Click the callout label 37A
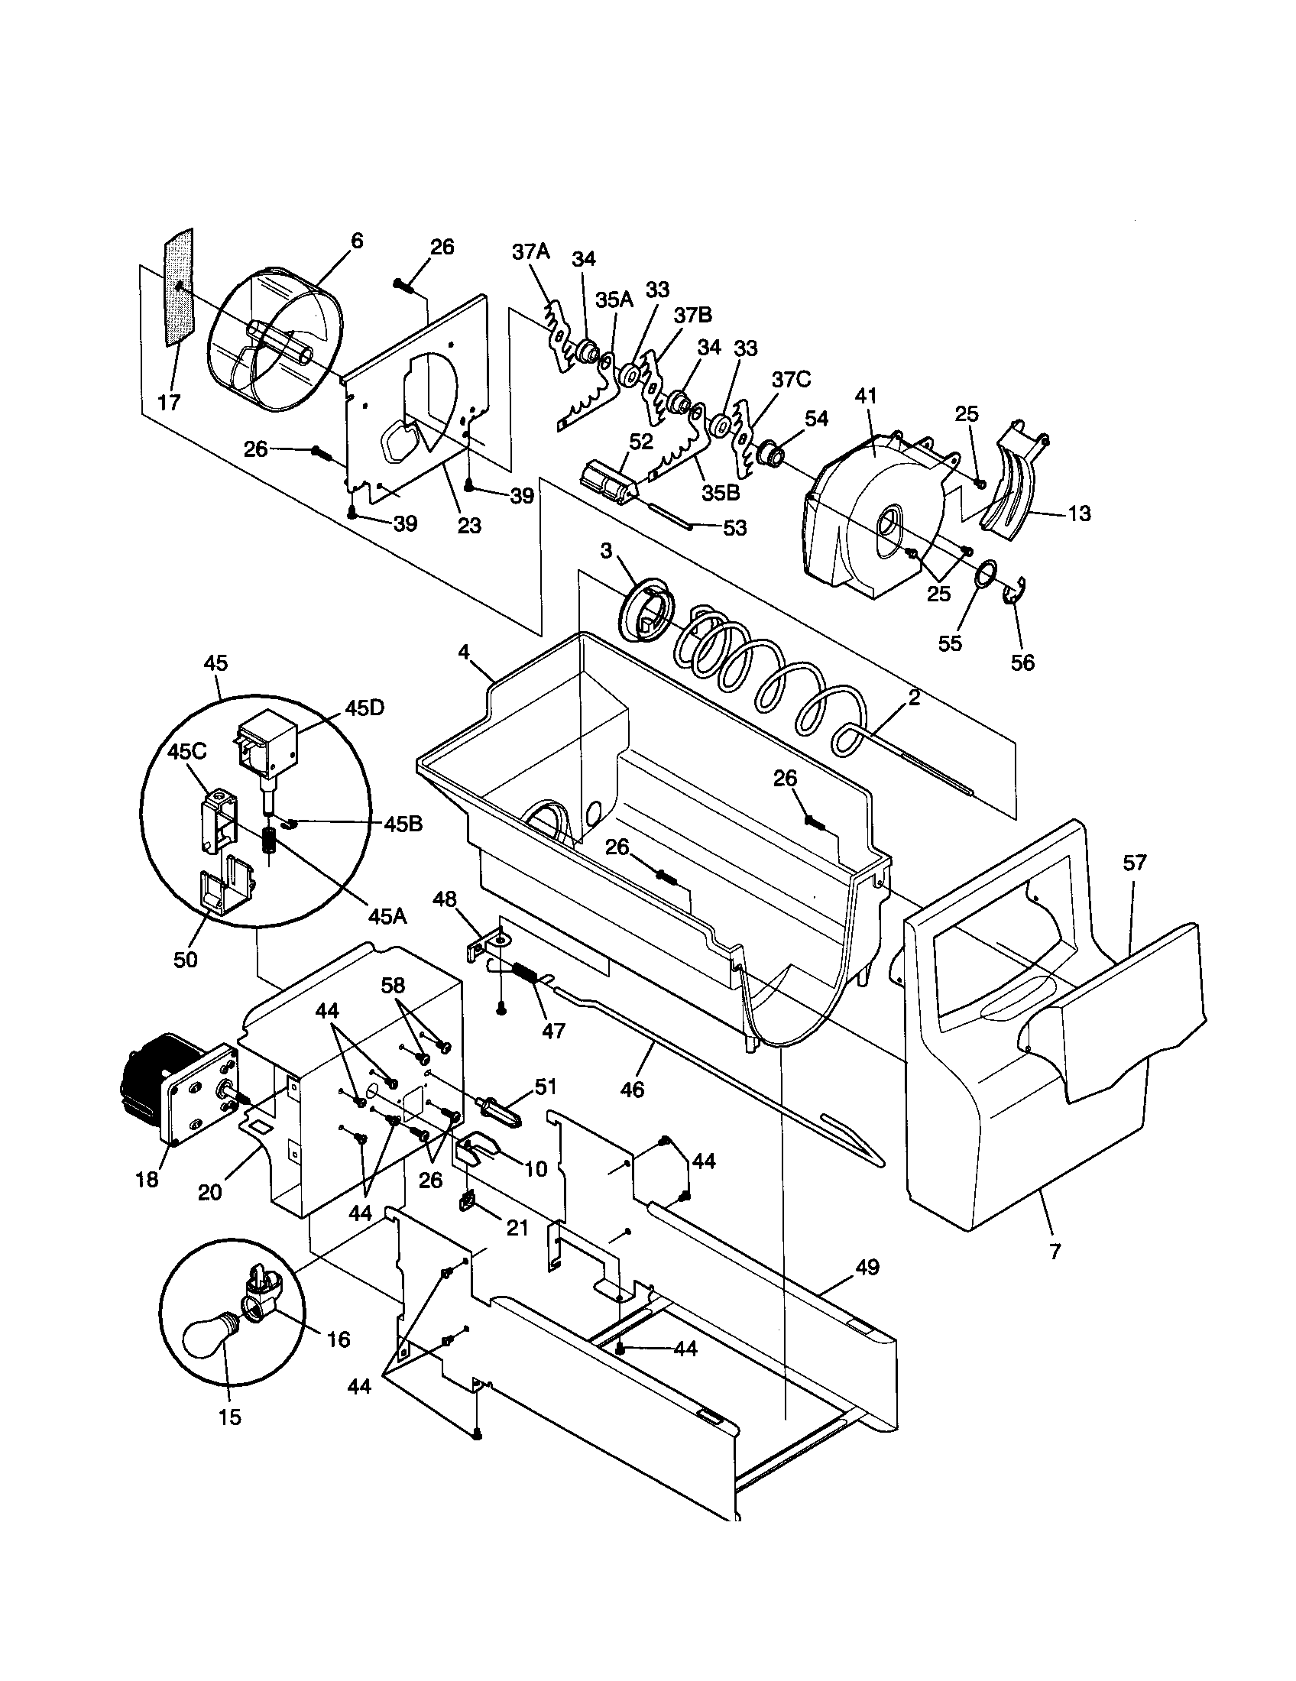point(532,251)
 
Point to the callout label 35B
point(721,492)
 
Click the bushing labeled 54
point(770,454)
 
